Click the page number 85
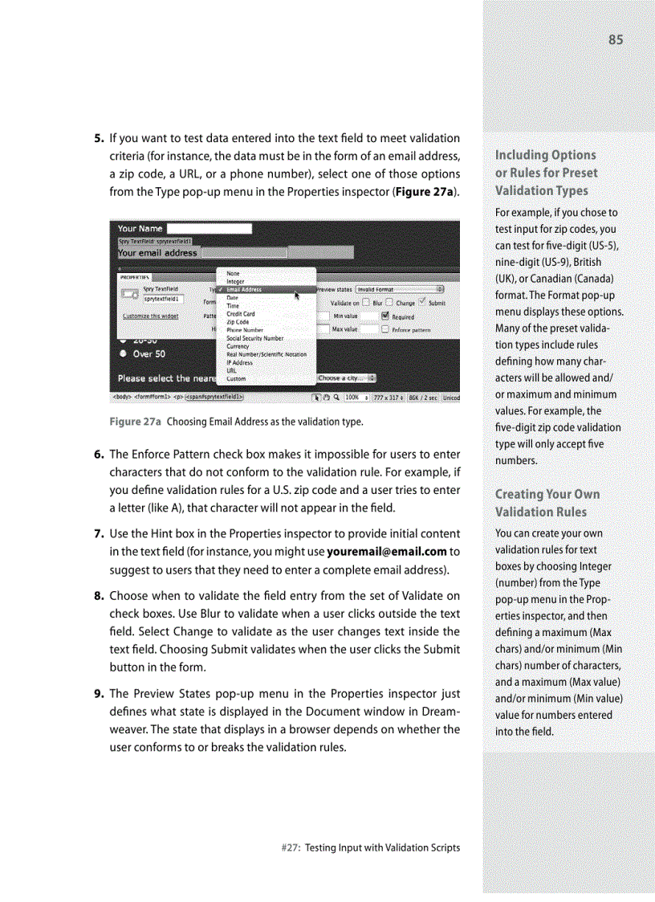click(615, 39)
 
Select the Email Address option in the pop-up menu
click(244, 290)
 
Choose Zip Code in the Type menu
click(238, 321)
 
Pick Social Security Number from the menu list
click(254, 338)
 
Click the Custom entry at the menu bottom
click(236, 379)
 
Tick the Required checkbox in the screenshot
click(385, 316)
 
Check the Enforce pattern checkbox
click(385, 329)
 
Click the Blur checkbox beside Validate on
click(366, 303)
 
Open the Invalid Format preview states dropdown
click(400, 289)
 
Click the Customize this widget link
click(150, 316)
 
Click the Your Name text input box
click(209, 229)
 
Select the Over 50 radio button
click(123, 353)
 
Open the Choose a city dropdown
click(347, 378)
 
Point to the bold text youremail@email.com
click(386, 551)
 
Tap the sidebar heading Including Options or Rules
click(546, 172)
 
